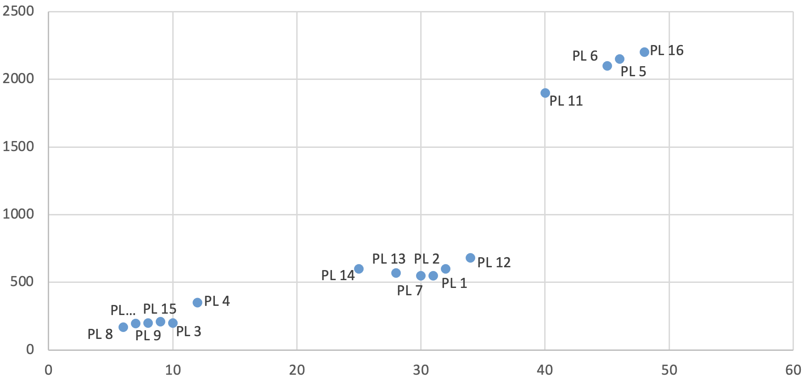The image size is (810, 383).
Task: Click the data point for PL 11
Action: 545,93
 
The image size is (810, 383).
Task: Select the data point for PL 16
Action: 644,52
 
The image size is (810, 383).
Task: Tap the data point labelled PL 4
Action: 197,303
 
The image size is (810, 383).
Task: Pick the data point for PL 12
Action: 470,258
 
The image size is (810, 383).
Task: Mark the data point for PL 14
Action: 359,269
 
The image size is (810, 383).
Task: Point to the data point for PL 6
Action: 607,66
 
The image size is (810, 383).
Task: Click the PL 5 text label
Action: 633,72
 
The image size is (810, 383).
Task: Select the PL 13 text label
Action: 388,259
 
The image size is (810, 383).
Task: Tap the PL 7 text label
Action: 410,291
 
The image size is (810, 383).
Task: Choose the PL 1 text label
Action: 454,283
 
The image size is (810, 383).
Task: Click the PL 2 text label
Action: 427,259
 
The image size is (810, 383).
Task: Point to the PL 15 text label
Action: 159,309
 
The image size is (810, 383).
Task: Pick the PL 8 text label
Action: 100,334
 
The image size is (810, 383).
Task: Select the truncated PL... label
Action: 123,310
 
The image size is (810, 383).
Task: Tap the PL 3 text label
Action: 189,332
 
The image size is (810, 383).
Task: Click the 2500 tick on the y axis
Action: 18,11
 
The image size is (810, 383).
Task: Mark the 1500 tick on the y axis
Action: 18,146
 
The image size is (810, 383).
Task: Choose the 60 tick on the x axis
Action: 793,370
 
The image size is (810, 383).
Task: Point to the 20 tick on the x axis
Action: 297,370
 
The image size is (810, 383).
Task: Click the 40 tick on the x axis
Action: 545,370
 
